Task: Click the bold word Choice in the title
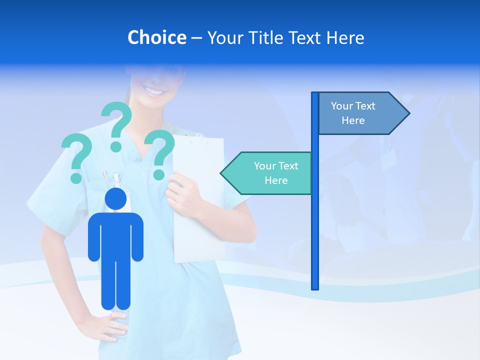coord(156,37)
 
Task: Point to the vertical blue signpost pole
coord(315,225)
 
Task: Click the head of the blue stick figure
coord(115,198)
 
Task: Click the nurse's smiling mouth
coord(153,91)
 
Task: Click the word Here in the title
coord(345,37)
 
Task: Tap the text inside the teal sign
coord(275,173)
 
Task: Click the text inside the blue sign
coord(353,113)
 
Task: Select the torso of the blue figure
coord(115,235)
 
